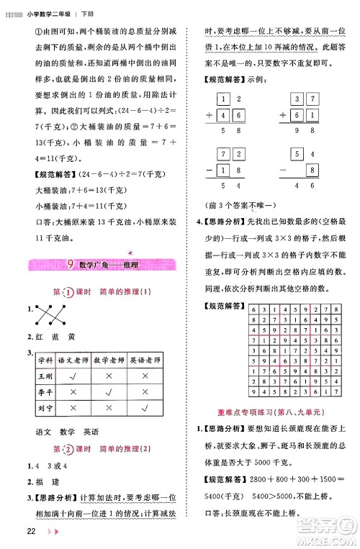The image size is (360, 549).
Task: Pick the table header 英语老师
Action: click(x=145, y=359)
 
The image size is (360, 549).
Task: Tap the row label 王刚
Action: click(x=46, y=375)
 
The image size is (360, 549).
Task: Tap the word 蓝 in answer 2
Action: click(x=69, y=336)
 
